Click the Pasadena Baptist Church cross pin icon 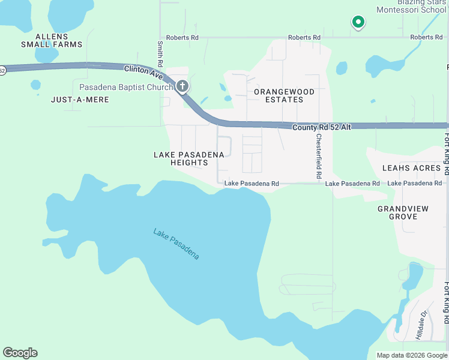(183, 86)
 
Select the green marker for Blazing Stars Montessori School (358, 22)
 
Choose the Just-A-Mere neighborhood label (80, 100)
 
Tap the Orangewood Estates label (284, 95)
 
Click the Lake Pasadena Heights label (189, 158)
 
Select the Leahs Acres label (412, 168)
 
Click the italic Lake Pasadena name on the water (176, 244)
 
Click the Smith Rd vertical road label (160, 55)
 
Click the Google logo (20, 353)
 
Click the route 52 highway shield (2, 70)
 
